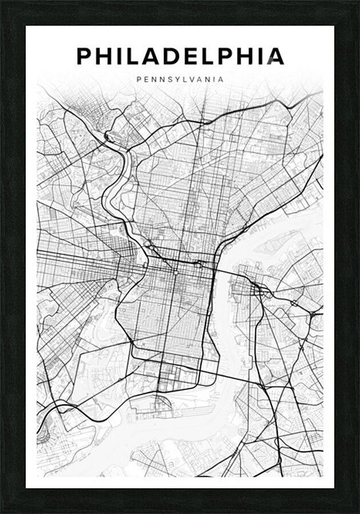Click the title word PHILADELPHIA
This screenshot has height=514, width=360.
click(180, 55)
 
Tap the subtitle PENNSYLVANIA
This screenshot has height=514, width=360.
click(180, 81)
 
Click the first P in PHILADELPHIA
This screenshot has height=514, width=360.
click(84, 55)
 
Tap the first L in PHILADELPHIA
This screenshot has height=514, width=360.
click(134, 55)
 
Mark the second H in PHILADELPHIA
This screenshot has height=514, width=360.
click(241, 55)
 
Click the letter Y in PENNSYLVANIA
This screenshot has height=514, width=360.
click(176, 81)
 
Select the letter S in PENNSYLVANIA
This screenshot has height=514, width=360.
click(168, 81)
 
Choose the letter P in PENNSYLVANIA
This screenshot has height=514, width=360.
click(139, 81)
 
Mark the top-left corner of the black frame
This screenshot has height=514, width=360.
click(2, 2)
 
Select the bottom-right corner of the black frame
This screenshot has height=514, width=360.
click(358, 512)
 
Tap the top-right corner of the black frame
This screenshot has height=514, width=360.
click(358, 2)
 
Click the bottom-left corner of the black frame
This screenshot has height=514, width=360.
click(2, 512)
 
